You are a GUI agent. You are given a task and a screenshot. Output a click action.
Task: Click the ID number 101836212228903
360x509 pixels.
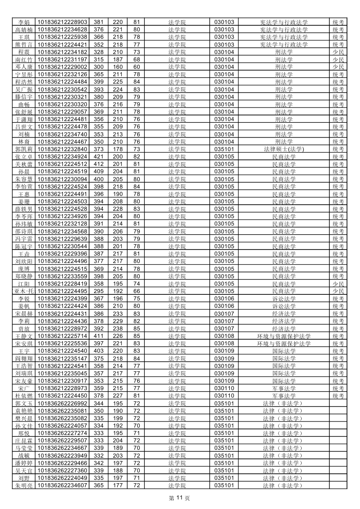click(63, 22)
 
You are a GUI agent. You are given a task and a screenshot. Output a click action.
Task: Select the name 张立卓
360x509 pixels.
click(24, 157)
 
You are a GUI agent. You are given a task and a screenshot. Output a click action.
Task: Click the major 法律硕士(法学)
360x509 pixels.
click(284, 149)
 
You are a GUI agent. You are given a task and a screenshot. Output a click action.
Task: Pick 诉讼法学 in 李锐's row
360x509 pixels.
click(284, 299)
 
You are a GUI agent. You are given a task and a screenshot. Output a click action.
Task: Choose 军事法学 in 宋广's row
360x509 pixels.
click(284, 388)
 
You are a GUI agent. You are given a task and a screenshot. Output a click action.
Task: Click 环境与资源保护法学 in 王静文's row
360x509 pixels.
click(284, 336)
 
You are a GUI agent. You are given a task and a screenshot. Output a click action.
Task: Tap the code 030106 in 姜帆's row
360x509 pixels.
click(224, 306)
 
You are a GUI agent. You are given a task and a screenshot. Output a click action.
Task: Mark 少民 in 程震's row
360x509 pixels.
click(338, 52)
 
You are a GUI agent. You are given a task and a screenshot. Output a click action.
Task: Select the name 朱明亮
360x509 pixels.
click(24, 485)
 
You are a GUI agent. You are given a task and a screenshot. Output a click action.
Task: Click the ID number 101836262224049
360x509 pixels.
click(63, 478)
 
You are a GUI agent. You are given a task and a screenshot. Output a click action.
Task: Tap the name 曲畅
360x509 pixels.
click(24, 104)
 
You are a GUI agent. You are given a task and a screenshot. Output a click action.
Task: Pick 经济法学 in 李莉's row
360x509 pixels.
click(284, 321)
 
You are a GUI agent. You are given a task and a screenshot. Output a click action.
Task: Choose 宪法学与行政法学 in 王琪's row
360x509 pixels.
click(284, 37)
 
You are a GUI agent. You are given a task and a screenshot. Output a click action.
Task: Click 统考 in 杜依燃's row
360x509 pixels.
click(338, 396)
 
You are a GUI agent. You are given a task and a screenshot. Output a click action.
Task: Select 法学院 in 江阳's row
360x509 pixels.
click(177, 284)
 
